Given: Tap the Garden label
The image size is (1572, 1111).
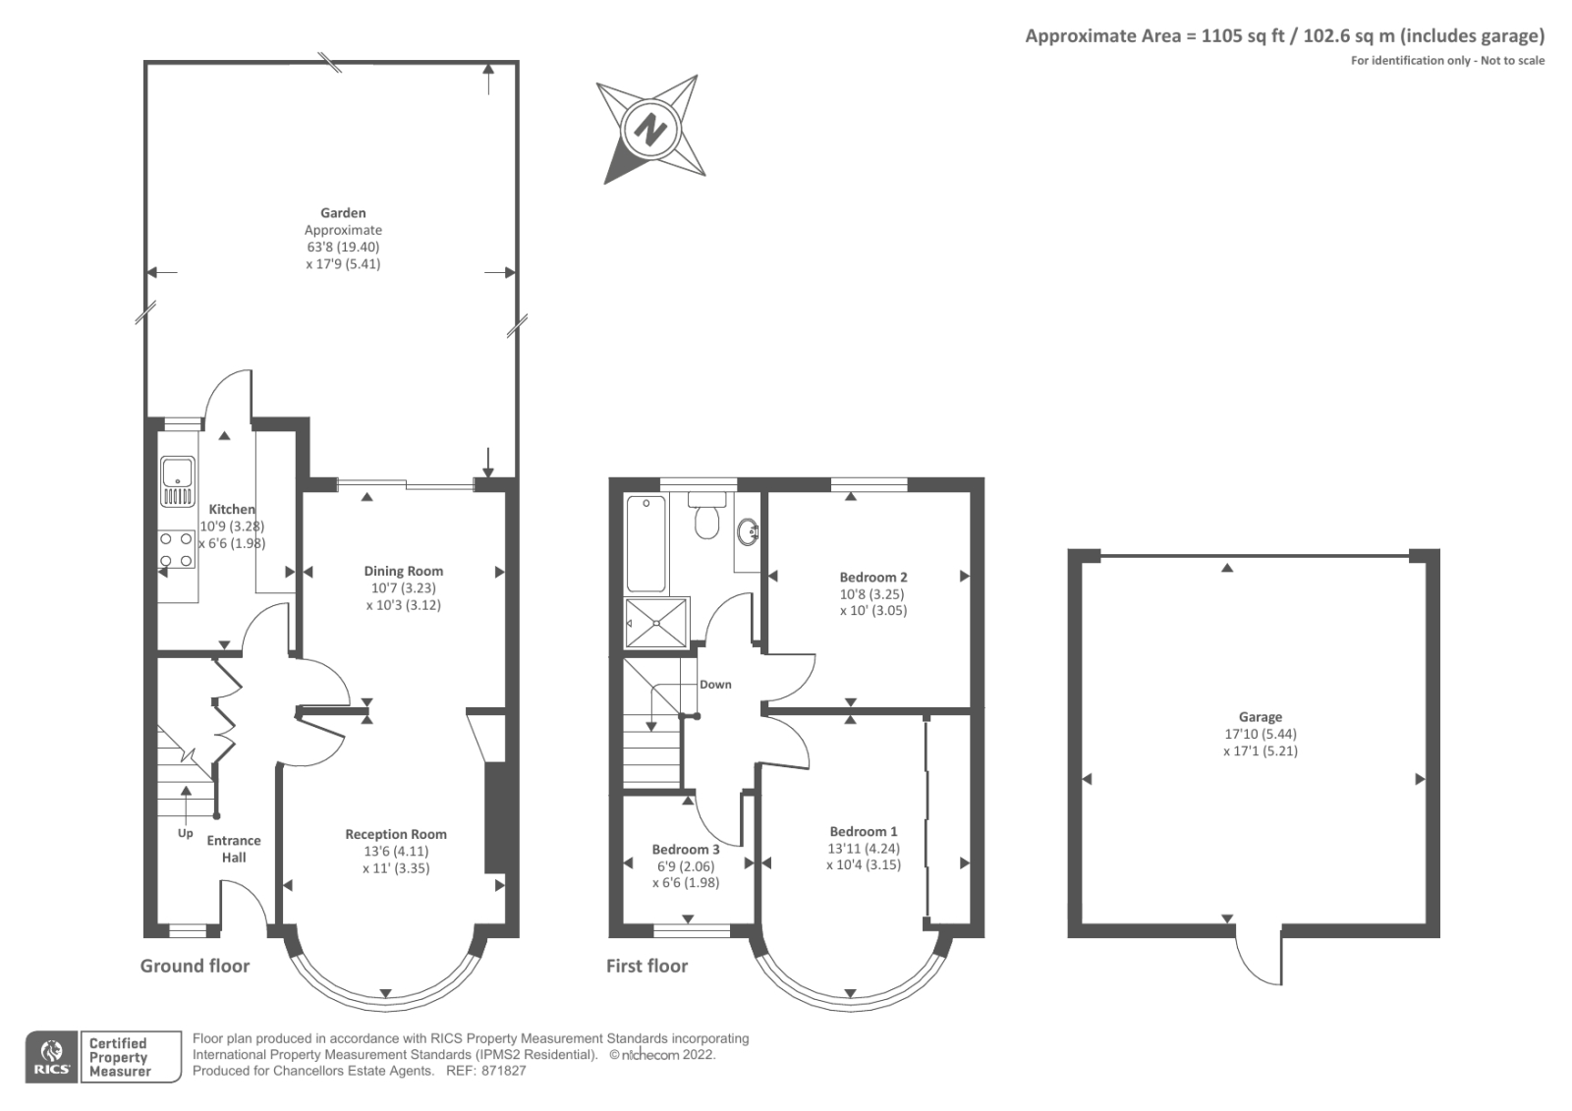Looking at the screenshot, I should pos(343,212).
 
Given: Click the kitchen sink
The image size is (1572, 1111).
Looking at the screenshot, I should pos(178,480).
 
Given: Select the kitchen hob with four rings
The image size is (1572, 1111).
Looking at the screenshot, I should pos(176,549).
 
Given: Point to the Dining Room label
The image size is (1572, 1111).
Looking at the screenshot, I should pos(403,571).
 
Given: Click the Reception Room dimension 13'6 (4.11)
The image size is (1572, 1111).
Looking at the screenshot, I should pos(396,852).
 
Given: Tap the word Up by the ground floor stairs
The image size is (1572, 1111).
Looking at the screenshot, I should pos(186,833).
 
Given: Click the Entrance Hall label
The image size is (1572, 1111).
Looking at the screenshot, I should pos(234,849).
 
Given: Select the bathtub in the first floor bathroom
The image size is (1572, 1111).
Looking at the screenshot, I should pos(646,543).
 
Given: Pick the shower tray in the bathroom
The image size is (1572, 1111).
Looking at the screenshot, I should pos(657,623).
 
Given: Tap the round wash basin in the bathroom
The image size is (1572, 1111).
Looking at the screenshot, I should pos(748,531).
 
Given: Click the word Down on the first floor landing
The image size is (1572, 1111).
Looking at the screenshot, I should pos(715,685).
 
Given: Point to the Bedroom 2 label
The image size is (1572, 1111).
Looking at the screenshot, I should pos(872,578).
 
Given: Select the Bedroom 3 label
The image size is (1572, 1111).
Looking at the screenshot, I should pos(686,850).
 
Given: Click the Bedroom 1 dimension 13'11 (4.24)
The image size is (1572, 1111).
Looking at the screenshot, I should pos(864,849).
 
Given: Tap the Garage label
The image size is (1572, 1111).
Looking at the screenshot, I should pos(1260,717).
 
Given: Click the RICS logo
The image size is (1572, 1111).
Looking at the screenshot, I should pos(51,1057).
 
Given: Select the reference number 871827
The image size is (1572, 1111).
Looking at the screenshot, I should pos(503,1071).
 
